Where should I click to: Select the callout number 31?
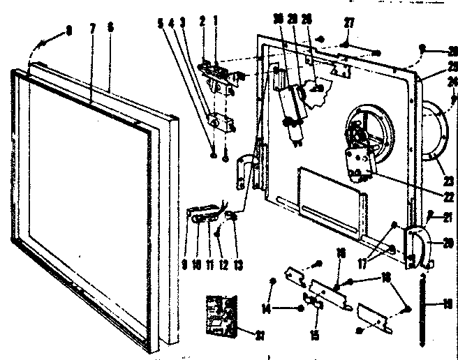tap(260, 336)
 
